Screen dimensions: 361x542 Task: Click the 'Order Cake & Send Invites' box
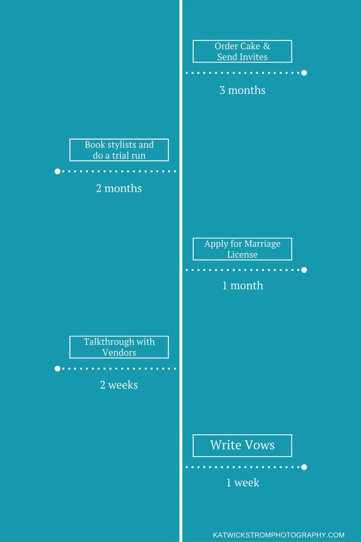[242, 51]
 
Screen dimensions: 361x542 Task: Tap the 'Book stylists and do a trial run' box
[119, 150]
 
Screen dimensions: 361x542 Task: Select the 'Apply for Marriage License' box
[242, 249]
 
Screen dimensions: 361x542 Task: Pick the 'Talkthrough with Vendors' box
[119, 347]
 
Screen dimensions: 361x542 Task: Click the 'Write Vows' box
[242, 445]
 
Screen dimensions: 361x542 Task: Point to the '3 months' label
[242, 90]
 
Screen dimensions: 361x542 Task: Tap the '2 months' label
[119, 188]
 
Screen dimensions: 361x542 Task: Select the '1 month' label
[242, 286]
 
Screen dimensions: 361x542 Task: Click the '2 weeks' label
[119, 385]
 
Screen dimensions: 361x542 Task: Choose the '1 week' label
[242, 483]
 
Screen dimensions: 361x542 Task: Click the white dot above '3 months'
[304, 73]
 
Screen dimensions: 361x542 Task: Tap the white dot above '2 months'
[57, 172]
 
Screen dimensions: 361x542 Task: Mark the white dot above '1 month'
[304, 270]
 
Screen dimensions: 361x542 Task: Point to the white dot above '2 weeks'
[57, 369]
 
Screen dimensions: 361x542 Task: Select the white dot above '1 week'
[304, 467]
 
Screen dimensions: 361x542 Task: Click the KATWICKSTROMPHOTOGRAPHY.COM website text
[278, 535]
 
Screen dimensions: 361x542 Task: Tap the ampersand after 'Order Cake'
[266, 46]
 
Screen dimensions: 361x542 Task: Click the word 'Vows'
[258, 445]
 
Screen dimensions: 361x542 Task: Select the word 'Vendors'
[119, 352]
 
